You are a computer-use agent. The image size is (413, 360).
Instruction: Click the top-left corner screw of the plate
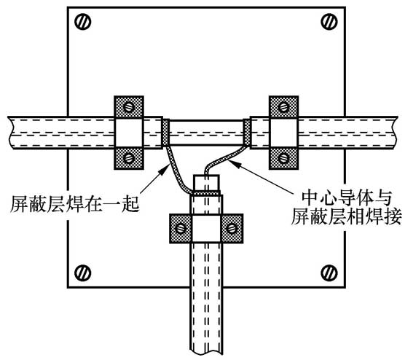(83, 23)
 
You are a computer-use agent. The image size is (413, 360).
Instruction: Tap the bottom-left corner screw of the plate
(83, 273)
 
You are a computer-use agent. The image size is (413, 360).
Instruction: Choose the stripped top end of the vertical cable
(207, 181)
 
